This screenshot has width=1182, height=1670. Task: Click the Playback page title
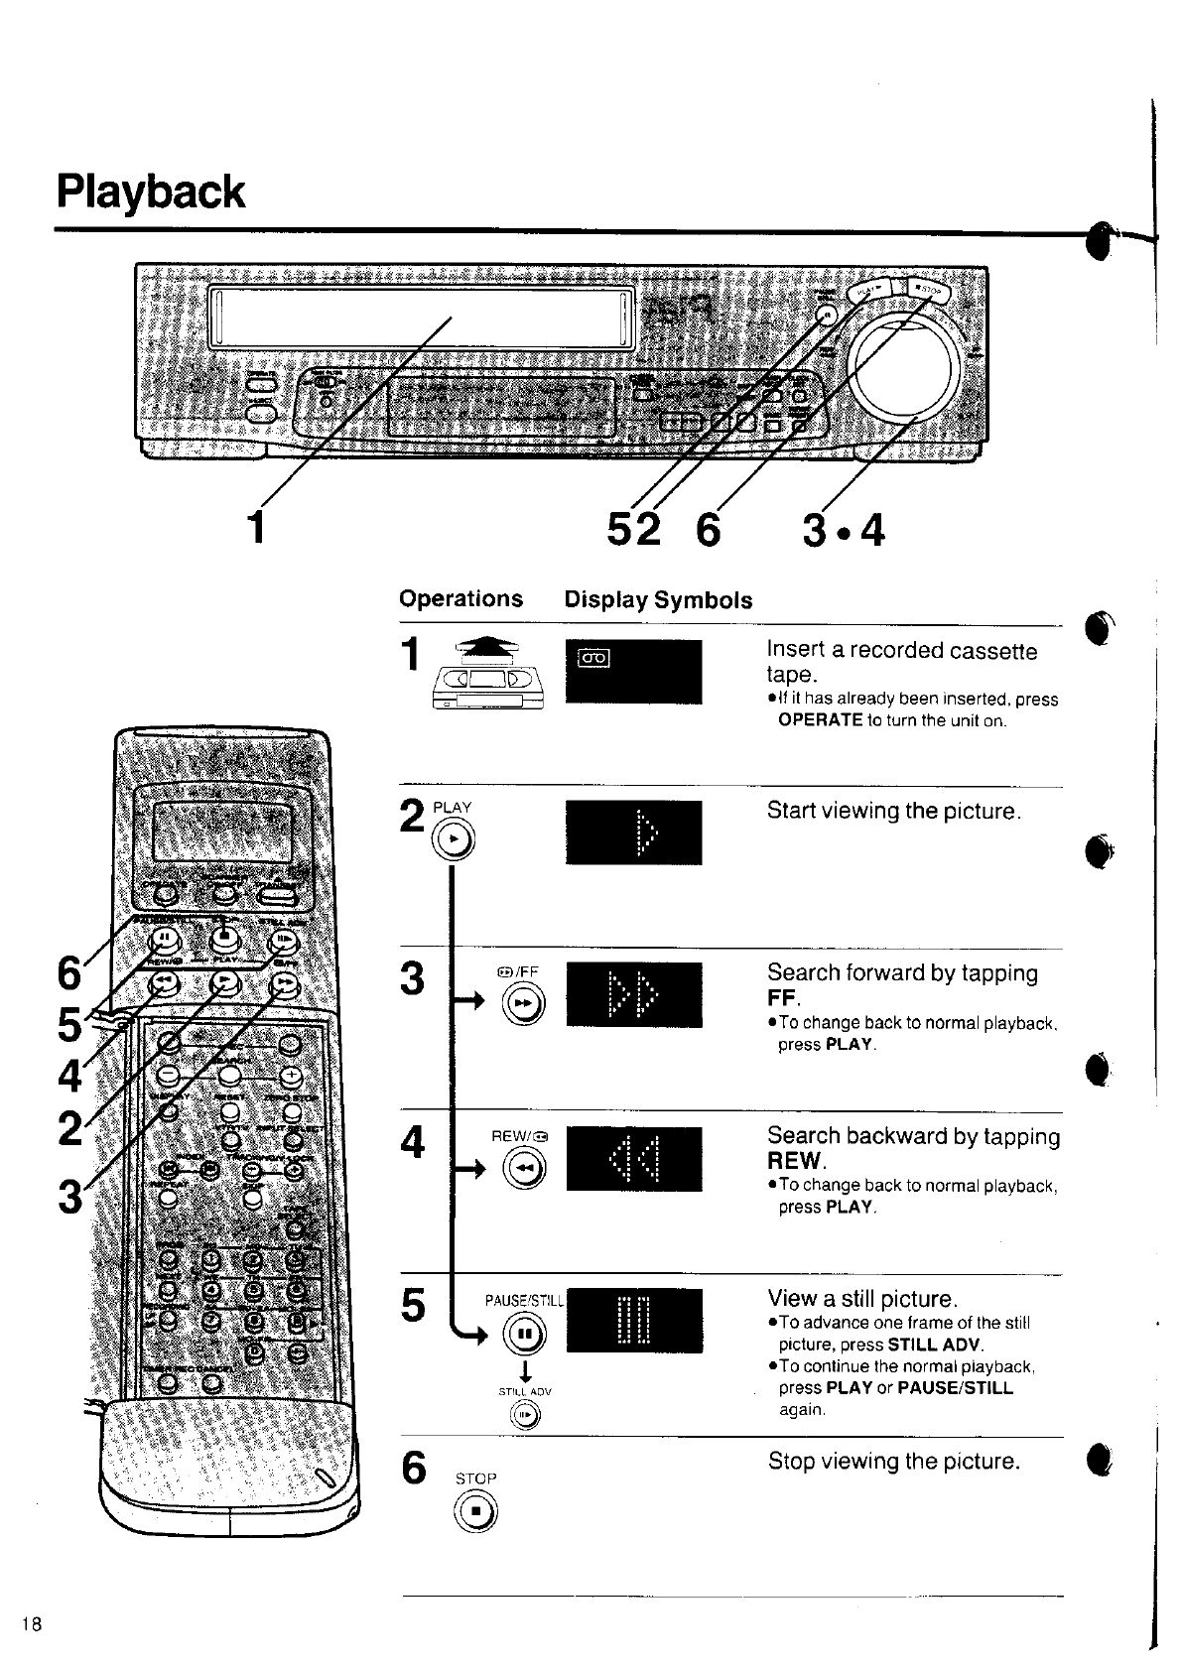coord(151,192)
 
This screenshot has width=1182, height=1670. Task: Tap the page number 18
coord(33,1624)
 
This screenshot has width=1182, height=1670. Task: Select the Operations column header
coord(460,598)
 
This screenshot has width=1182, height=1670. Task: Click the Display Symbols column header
coord(658,599)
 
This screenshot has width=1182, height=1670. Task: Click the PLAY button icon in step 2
coord(455,839)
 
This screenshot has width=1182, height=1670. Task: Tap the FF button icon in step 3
coord(523,1006)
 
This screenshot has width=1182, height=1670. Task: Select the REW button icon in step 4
coord(523,1172)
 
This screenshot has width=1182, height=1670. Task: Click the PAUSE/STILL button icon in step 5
coord(523,1333)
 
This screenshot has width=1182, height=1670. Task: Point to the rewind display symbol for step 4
coord(634,1159)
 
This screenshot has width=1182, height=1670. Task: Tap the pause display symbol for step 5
coord(634,1320)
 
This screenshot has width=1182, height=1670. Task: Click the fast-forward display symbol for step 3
coord(634,995)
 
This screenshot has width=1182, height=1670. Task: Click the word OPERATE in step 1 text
coord(821,720)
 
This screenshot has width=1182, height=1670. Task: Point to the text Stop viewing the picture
coord(893,1461)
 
